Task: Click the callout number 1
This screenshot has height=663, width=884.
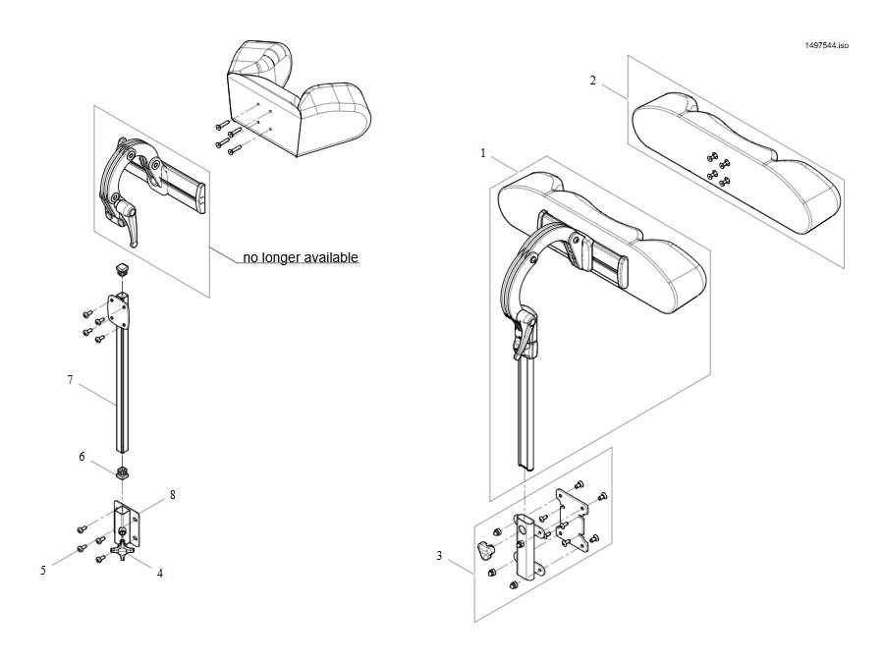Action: (482, 153)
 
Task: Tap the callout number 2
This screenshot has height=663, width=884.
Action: (592, 81)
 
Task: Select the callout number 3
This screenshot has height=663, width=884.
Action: (439, 556)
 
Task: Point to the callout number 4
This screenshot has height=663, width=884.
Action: (160, 574)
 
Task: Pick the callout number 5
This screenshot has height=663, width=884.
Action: (43, 571)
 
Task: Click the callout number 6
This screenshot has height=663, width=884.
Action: (82, 456)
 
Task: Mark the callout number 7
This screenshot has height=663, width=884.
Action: (70, 380)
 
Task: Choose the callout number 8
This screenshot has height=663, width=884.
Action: (173, 494)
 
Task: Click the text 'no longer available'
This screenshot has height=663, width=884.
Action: (301, 257)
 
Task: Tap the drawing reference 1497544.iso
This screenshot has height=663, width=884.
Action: (826, 45)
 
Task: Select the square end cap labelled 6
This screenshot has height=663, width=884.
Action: (121, 472)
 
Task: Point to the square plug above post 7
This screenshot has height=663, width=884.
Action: (121, 267)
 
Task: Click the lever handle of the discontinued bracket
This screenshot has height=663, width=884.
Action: (128, 224)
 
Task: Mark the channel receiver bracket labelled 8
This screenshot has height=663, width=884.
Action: (126, 523)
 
